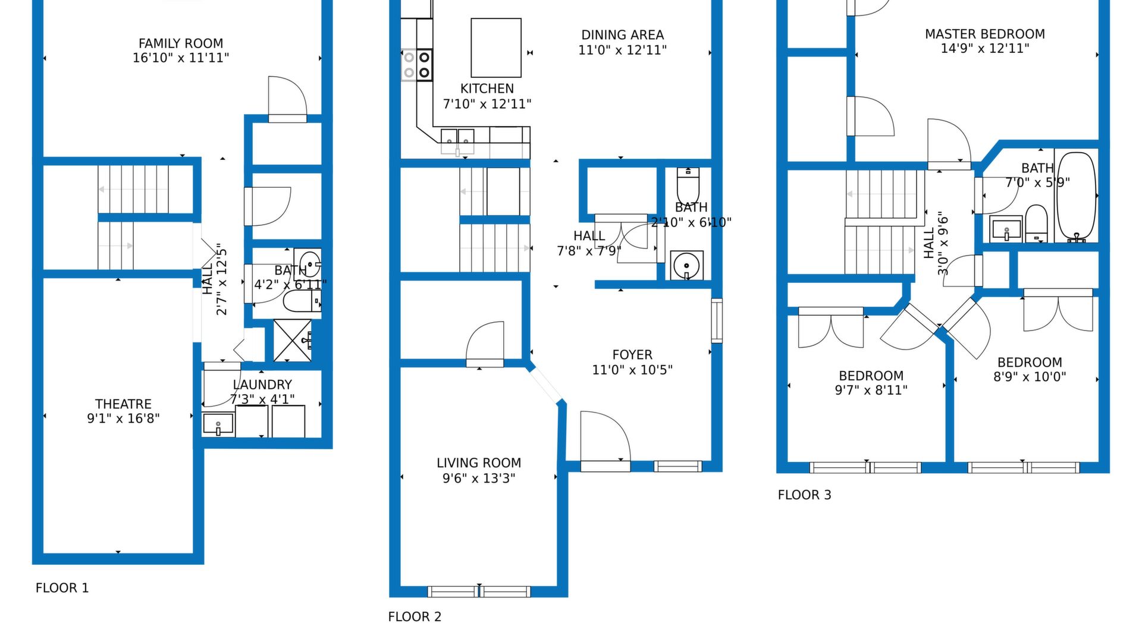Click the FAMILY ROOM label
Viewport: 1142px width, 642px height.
[x=181, y=43]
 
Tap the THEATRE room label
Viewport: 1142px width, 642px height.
[x=123, y=404]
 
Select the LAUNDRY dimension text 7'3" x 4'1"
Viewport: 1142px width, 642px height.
[x=262, y=399]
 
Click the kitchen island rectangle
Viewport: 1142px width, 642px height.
[x=496, y=48]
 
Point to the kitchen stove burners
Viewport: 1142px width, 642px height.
[x=416, y=65]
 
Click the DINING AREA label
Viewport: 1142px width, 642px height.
[x=623, y=35]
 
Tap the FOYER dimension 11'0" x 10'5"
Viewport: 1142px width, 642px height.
[x=632, y=370]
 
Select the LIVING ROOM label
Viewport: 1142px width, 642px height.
[x=479, y=463]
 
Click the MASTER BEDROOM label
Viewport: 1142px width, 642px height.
[x=985, y=34]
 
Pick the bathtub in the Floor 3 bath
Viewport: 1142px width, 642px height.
[x=1076, y=197]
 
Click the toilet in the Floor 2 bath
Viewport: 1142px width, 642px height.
[x=688, y=186]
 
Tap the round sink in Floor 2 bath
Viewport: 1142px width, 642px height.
[x=686, y=265]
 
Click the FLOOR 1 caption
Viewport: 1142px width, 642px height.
[x=62, y=588]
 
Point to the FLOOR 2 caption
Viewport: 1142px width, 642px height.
[x=415, y=617]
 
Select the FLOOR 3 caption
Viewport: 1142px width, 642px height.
[x=804, y=495]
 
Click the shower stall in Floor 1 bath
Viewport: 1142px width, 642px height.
[x=293, y=341]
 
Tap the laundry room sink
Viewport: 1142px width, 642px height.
[x=218, y=424]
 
